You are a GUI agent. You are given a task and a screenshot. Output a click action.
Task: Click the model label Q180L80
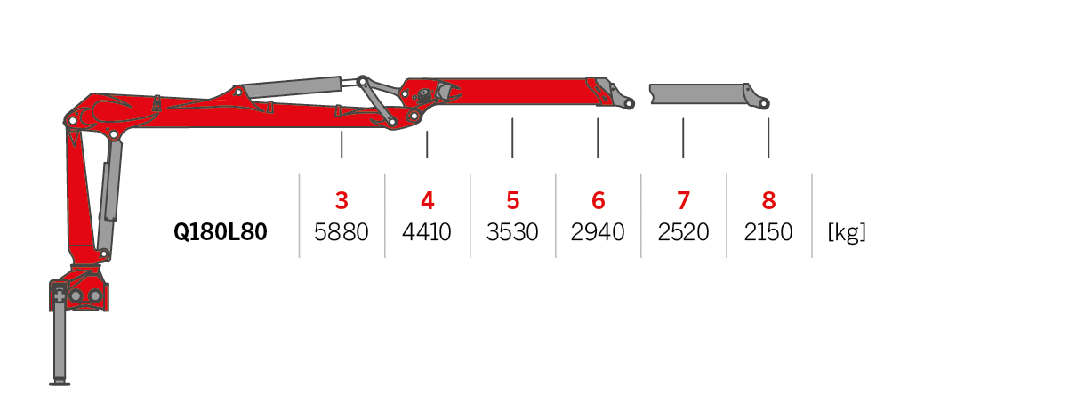221,233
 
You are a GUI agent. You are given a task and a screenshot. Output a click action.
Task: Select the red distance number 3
342,201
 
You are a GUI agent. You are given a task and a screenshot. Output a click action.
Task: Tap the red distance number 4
427,201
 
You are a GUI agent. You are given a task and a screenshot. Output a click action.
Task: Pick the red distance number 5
512,201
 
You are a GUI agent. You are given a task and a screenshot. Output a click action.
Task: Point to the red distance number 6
598,201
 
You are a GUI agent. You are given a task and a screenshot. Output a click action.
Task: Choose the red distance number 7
683,201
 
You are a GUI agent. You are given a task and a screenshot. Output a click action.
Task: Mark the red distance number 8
768,201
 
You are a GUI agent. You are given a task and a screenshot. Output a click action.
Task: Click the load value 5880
342,233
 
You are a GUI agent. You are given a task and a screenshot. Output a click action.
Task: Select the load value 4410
427,233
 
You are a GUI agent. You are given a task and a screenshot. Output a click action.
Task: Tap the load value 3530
512,233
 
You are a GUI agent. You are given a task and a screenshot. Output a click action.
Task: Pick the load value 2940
598,233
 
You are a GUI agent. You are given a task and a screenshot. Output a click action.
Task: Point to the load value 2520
683,233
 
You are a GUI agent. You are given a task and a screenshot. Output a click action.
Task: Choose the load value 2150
768,233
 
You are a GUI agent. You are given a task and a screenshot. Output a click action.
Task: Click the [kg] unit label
847,233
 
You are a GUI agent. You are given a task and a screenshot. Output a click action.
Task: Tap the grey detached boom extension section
698,93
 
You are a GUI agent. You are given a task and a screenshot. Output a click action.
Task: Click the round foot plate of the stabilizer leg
60,383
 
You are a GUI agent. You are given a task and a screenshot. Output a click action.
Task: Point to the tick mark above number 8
768,137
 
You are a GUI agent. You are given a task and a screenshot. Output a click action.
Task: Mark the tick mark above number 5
512,137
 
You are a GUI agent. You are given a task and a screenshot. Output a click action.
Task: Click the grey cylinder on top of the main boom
292,87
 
